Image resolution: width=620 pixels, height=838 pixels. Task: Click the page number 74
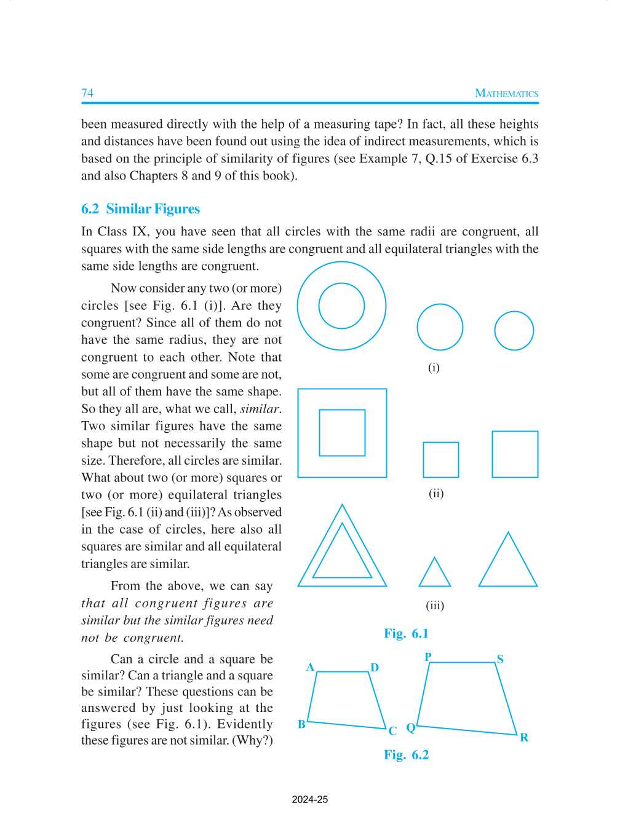tap(87, 93)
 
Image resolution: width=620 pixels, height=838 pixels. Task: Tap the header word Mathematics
tap(506, 93)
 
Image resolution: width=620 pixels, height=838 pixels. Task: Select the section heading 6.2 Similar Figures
tap(140, 209)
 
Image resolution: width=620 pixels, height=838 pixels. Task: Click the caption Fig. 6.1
tap(406, 633)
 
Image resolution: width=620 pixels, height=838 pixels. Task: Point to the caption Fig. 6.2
tap(406, 754)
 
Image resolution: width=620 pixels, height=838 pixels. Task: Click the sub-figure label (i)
tap(434, 368)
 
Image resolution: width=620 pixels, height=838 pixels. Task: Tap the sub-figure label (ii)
tap(435, 493)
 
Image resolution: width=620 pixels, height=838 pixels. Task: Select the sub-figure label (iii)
tap(435, 605)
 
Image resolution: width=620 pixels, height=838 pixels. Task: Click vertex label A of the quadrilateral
tap(310, 667)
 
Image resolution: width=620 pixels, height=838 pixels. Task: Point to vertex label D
tap(375, 668)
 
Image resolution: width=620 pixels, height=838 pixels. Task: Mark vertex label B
tap(301, 724)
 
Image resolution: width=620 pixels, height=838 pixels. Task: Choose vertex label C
tap(392, 731)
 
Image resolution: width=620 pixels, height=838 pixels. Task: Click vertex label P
tap(428, 657)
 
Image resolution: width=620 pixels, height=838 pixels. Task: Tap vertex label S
tap(500, 659)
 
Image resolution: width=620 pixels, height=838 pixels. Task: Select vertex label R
tap(524, 737)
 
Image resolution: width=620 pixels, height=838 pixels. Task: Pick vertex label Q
tap(410, 728)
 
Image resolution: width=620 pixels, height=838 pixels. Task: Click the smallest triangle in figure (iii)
tap(434, 575)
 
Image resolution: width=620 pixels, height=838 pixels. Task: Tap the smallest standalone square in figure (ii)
tap(440, 460)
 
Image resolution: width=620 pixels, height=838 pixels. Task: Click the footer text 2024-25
tap(310, 799)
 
